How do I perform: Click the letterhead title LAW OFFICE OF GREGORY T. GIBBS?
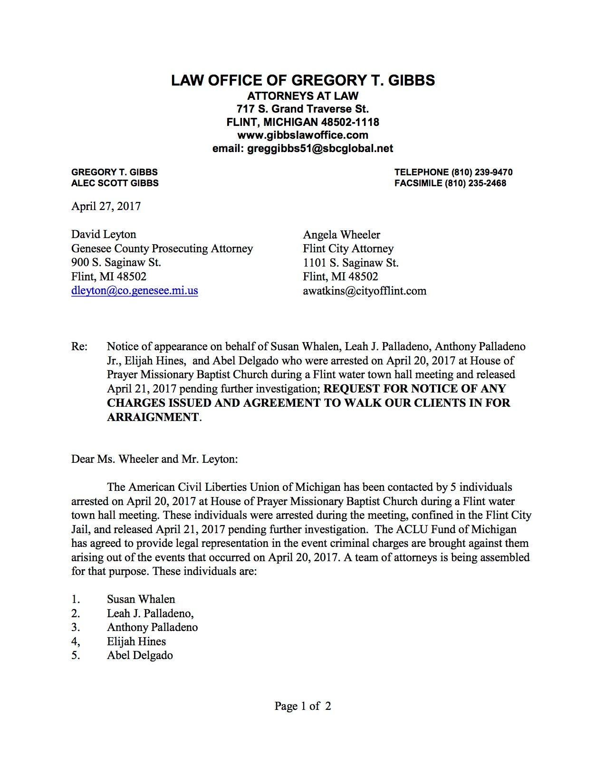pyautogui.click(x=303, y=80)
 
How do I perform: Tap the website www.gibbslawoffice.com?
pyautogui.click(x=303, y=135)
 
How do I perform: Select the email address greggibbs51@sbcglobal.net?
pyautogui.click(x=320, y=149)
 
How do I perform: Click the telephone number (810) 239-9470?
pyautogui.click(x=479, y=172)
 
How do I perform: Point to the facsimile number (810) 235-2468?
pyautogui.click(x=475, y=183)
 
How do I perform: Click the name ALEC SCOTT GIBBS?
pyautogui.click(x=115, y=183)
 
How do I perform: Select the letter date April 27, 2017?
pyautogui.click(x=106, y=206)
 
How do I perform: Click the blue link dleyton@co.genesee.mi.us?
pyautogui.click(x=135, y=290)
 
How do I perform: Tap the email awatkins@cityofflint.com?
pyautogui.click(x=365, y=291)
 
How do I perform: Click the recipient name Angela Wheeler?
pyautogui.click(x=342, y=235)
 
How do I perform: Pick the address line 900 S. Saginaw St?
pyautogui.click(x=116, y=262)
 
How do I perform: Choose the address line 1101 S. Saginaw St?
pyautogui.click(x=351, y=263)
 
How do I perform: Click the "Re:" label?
pyautogui.click(x=79, y=347)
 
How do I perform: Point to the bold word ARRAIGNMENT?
pyautogui.click(x=153, y=417)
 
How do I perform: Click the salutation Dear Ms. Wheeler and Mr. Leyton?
pyautogui.click(x=154, y=459)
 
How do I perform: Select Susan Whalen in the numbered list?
pyautogui.click(x=141, y=599)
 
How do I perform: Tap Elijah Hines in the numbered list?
pyautogui.click(x=136, y=641)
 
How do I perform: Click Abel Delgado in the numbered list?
pyautogui.click(x=140, y=655)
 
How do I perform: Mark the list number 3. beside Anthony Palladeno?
pyautogui.click(x=76, y=627)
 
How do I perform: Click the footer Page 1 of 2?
pyautogui.click(x=303, y=706)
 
